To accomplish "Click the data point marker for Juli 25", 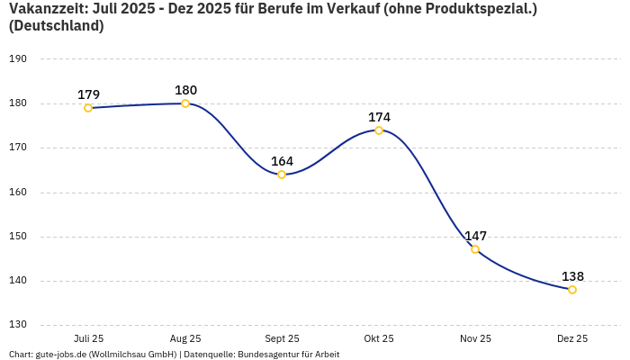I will pyautogui.click(x=88, y=108).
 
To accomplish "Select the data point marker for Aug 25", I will pyautogui.click(x=185, y=103).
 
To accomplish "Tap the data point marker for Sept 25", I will pyautogui.click(x=282, y=175).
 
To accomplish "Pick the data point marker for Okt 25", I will pyautogui.click(x=379, y=130).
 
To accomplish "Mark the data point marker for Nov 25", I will pyautogui.click(x=475, y=249).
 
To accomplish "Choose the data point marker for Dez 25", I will pyautogui.click(x=572, y=290).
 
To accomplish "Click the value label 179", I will pyautogui.click(x=88, y=94).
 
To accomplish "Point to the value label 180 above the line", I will pyautogui.click(x=185, y=90).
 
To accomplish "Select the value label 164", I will pyautogui.click(x=282, y=161).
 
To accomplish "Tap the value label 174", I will pyautogui.click(x=379, y=117).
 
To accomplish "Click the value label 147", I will pyautogui.click(x=475, y=236).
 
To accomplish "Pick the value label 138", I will pyautogui.click(x=572, y=276).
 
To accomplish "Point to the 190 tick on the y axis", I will pyautogui.click(x=18, y=59).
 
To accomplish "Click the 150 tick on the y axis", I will pyautogui.click(x=18, y=237).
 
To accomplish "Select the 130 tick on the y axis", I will pyautogui.click(x=18, y=325).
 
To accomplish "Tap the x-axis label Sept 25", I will pyautogui.click(x=282, y=338).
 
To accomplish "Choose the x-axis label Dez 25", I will pyautogui.click(x=572, y=338).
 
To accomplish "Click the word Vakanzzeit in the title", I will pyautogui.click(x=45, y=8).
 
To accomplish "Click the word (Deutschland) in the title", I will pyautogui.click(x=56, y=26).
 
